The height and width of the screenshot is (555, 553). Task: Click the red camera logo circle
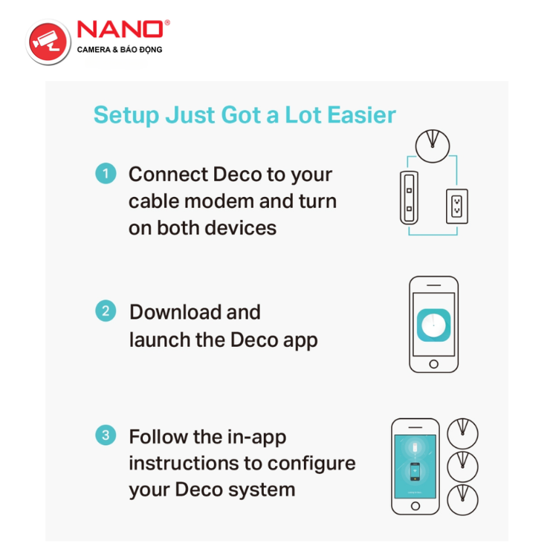[x=48, y=42]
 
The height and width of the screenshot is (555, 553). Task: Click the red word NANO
[x=120, y=29]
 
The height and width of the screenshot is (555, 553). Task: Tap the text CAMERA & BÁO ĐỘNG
[x=120, y=50]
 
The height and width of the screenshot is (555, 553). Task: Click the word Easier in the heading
[x=361, y=114]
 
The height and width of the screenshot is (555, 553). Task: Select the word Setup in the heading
[x=126, y=115]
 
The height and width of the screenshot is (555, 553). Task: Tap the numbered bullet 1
[x=106, y=173]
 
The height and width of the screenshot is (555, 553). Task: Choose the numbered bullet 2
[x=106, y=311]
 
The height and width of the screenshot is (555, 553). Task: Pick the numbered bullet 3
[x=106, y=435]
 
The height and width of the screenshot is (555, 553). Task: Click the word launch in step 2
[x=160, y=340]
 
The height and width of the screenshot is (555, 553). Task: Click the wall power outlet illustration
[x=457, y=207]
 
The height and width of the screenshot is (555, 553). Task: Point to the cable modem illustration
[x=409, y=198]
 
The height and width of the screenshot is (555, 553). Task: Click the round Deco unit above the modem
[x=433, y=146]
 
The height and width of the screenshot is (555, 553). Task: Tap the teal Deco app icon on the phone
[x=433, y=325]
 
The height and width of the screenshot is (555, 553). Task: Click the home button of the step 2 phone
[x=433, y=364]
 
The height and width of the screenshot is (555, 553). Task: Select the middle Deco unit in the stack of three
[x=462, y=467]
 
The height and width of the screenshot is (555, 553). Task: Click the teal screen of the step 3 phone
[x=415, y=467]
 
